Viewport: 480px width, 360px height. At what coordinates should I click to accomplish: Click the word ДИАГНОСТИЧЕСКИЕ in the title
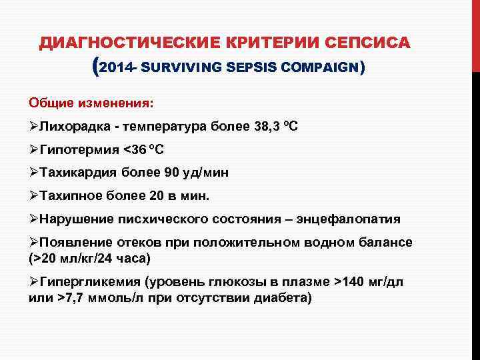pyautogui.click(x=123, y=43)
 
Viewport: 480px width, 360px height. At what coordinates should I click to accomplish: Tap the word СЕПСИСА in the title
pyautogui.click(x=371, y=43)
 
